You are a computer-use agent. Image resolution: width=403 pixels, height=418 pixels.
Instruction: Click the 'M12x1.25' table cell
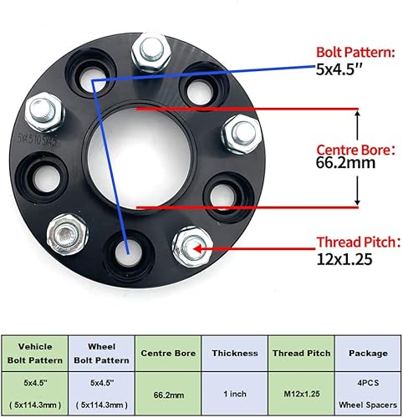(298, 390)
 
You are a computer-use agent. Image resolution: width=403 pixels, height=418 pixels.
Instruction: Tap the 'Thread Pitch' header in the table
(298, 354)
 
